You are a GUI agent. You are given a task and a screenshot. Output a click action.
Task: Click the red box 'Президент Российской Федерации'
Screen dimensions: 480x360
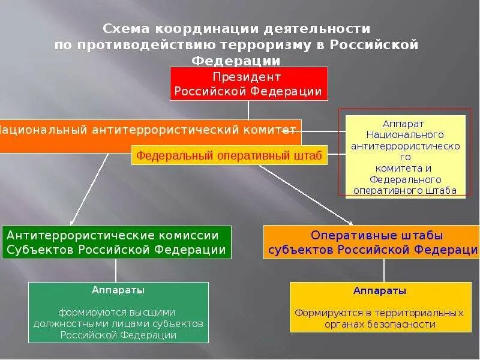[248, 83]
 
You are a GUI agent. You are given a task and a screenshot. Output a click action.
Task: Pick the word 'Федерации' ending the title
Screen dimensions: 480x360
[236, 61]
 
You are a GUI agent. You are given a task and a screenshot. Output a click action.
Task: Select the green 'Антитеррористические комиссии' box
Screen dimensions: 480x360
[116, 242]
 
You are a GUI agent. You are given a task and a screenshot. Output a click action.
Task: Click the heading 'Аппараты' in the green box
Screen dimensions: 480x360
[118, 290]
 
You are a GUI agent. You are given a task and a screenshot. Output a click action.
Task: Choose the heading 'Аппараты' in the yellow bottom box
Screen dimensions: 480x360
[379, 291]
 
